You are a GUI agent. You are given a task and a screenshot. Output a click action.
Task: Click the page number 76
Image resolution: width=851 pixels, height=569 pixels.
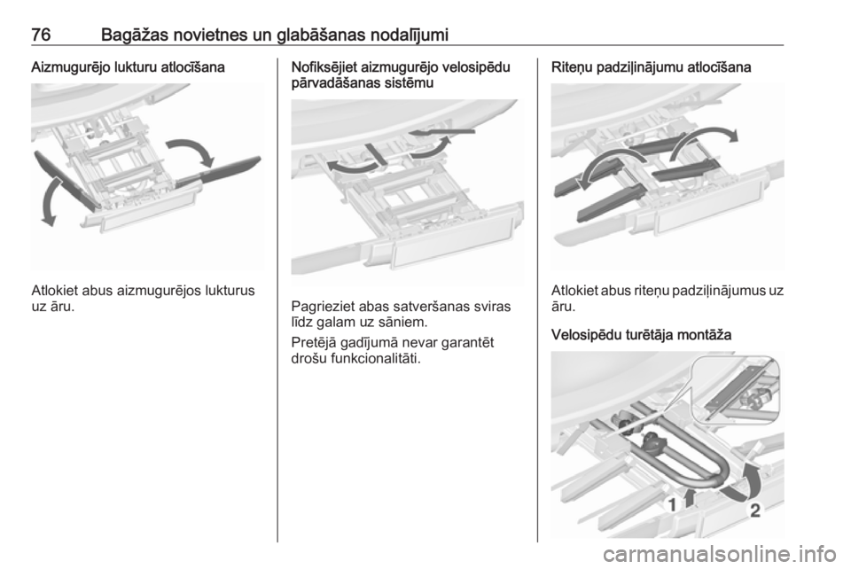click(x=41, y=35)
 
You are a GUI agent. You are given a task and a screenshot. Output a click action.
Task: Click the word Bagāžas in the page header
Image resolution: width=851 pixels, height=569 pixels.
click(x=133, y=35)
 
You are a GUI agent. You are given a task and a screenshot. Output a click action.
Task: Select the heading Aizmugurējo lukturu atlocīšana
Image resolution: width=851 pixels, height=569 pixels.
click(x=128, y=68)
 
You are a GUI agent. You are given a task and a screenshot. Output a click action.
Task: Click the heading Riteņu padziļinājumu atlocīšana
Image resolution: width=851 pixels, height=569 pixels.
click(x=652, y=68)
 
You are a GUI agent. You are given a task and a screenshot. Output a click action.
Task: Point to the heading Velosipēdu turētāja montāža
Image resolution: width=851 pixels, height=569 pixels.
click(x=642, y=335)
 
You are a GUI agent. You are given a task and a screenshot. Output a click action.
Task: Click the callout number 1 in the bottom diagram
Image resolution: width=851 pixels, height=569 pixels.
click(x=672, y=505)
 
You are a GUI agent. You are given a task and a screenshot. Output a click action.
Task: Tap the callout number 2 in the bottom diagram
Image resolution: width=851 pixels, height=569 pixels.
click(x=755, y=511)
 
